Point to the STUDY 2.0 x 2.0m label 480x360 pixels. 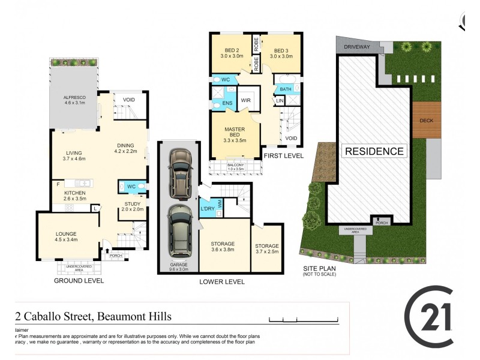[x=131, y=206]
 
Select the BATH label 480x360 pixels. [x=285, y=89]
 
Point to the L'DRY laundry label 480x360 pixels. [x=207, y=208]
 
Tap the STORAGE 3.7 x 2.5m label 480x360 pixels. [x=267, y=249]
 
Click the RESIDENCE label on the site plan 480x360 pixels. [x=373, y=151]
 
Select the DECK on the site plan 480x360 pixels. [x=426, y=121]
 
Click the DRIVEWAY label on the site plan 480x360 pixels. [x=357, y=47]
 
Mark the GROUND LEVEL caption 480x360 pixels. [x=79, y=280]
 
